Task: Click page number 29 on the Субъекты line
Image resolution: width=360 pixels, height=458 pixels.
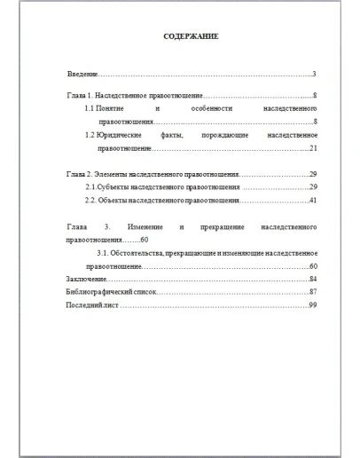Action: pyautogui.click(x=313, y=188)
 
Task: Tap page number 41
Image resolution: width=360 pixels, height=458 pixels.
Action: pyautogui.click(x=313, y=201)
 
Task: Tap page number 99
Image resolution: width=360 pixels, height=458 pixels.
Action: pyautogui.click(x=313, y=305)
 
